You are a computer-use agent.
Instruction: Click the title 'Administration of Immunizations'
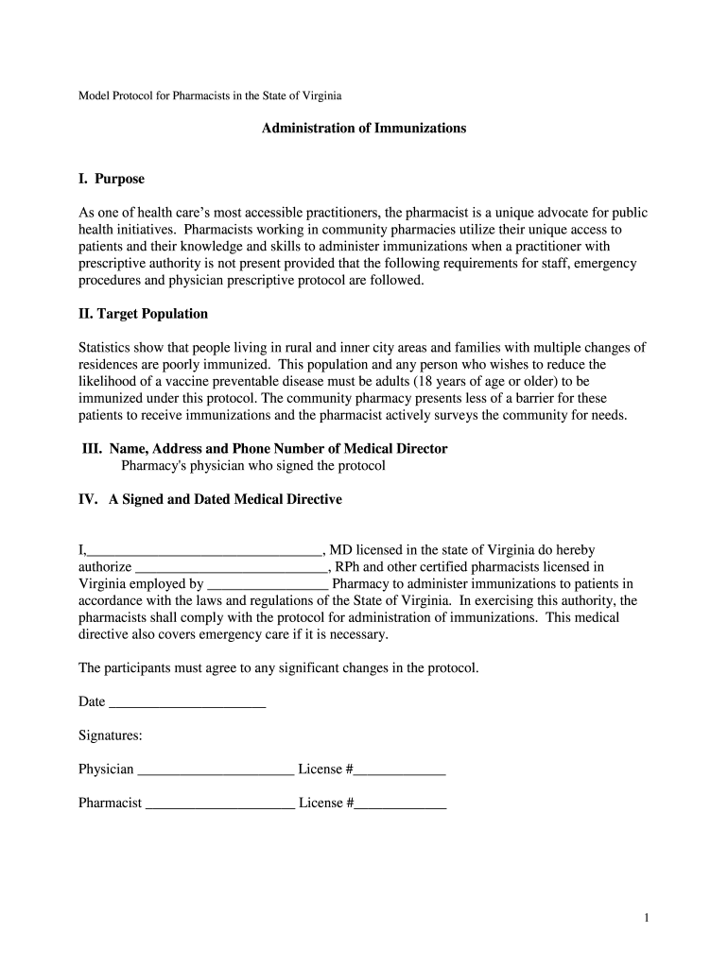point(363,128)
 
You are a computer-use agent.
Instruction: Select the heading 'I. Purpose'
point(111,179)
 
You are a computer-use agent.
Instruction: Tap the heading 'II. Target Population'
point(143,314)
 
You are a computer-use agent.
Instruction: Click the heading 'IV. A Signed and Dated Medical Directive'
point(210,499)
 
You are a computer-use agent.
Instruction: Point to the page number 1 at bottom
point(645,918)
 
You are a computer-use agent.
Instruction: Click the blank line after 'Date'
point(187,704)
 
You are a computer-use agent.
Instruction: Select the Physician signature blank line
point(216,770)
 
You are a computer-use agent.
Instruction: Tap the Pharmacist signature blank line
point(220,804)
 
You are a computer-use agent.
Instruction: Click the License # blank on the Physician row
point(399,770)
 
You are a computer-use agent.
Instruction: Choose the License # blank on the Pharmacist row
point(400,804)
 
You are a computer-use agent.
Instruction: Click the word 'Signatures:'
point(111,735)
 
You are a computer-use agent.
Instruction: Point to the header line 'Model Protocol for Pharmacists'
point(210,96)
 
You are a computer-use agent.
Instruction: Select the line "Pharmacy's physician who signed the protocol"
point(253,466)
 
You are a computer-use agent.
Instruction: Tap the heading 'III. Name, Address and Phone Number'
point(265,449)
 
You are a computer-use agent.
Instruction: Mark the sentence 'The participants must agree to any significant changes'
point(279,668)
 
